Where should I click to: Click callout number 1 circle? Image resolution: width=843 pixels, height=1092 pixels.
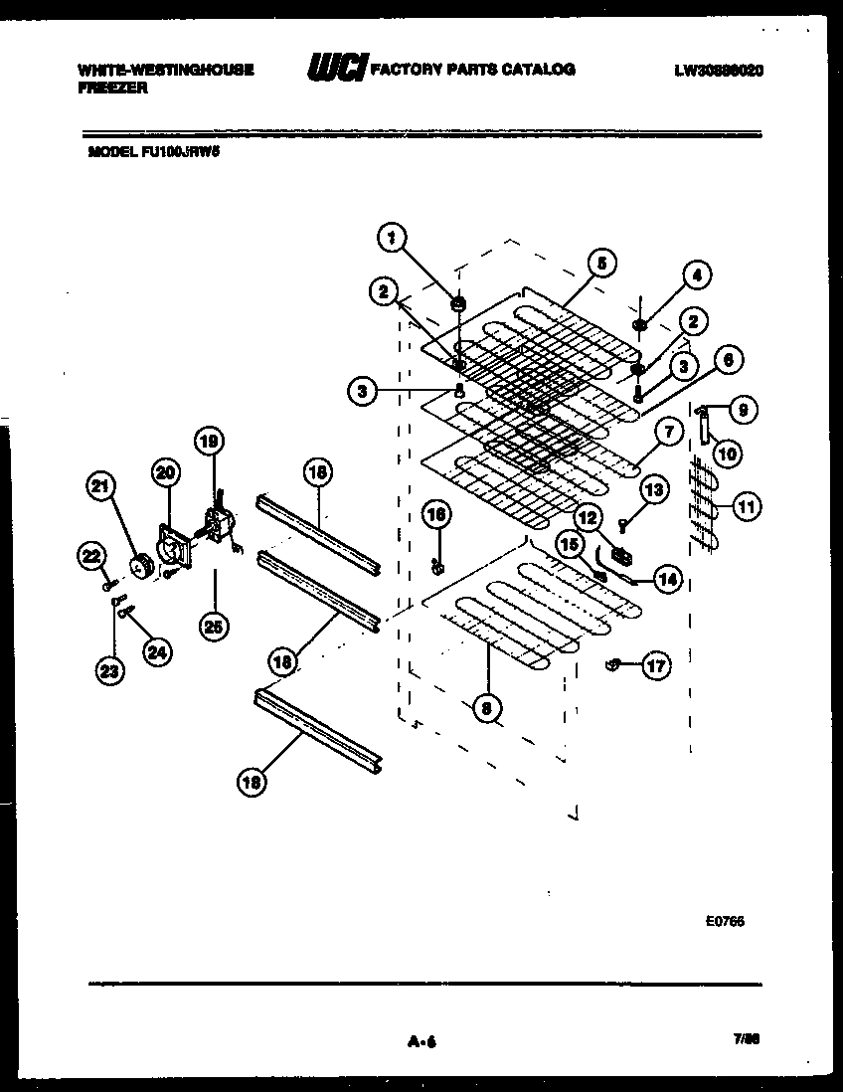[x=392, y=237]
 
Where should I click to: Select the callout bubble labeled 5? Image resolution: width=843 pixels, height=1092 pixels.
[x=600, y=264]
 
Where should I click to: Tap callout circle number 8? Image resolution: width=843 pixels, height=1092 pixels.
[x=486, y=707]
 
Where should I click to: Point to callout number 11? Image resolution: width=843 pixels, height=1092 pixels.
[x=746, y=506]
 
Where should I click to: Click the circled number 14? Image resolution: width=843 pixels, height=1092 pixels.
[x=669, y=579]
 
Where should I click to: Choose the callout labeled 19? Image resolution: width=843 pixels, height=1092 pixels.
[x=208, y=441]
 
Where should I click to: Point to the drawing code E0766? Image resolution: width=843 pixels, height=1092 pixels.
[x=725, y=921]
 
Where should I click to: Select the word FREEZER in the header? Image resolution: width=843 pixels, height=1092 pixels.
[x=112, y=88]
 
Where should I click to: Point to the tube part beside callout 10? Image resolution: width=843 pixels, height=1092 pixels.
[x=705, y=430]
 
